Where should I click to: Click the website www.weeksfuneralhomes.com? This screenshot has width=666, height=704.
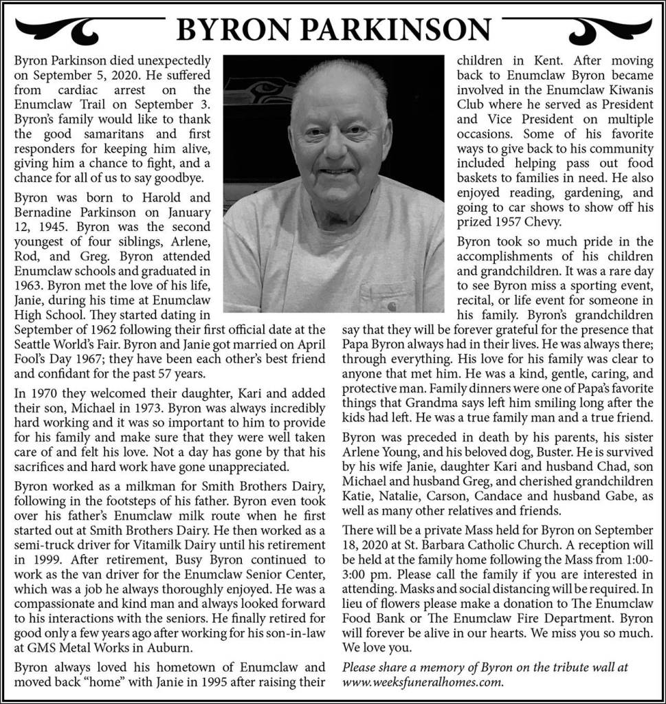coord(423,683)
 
